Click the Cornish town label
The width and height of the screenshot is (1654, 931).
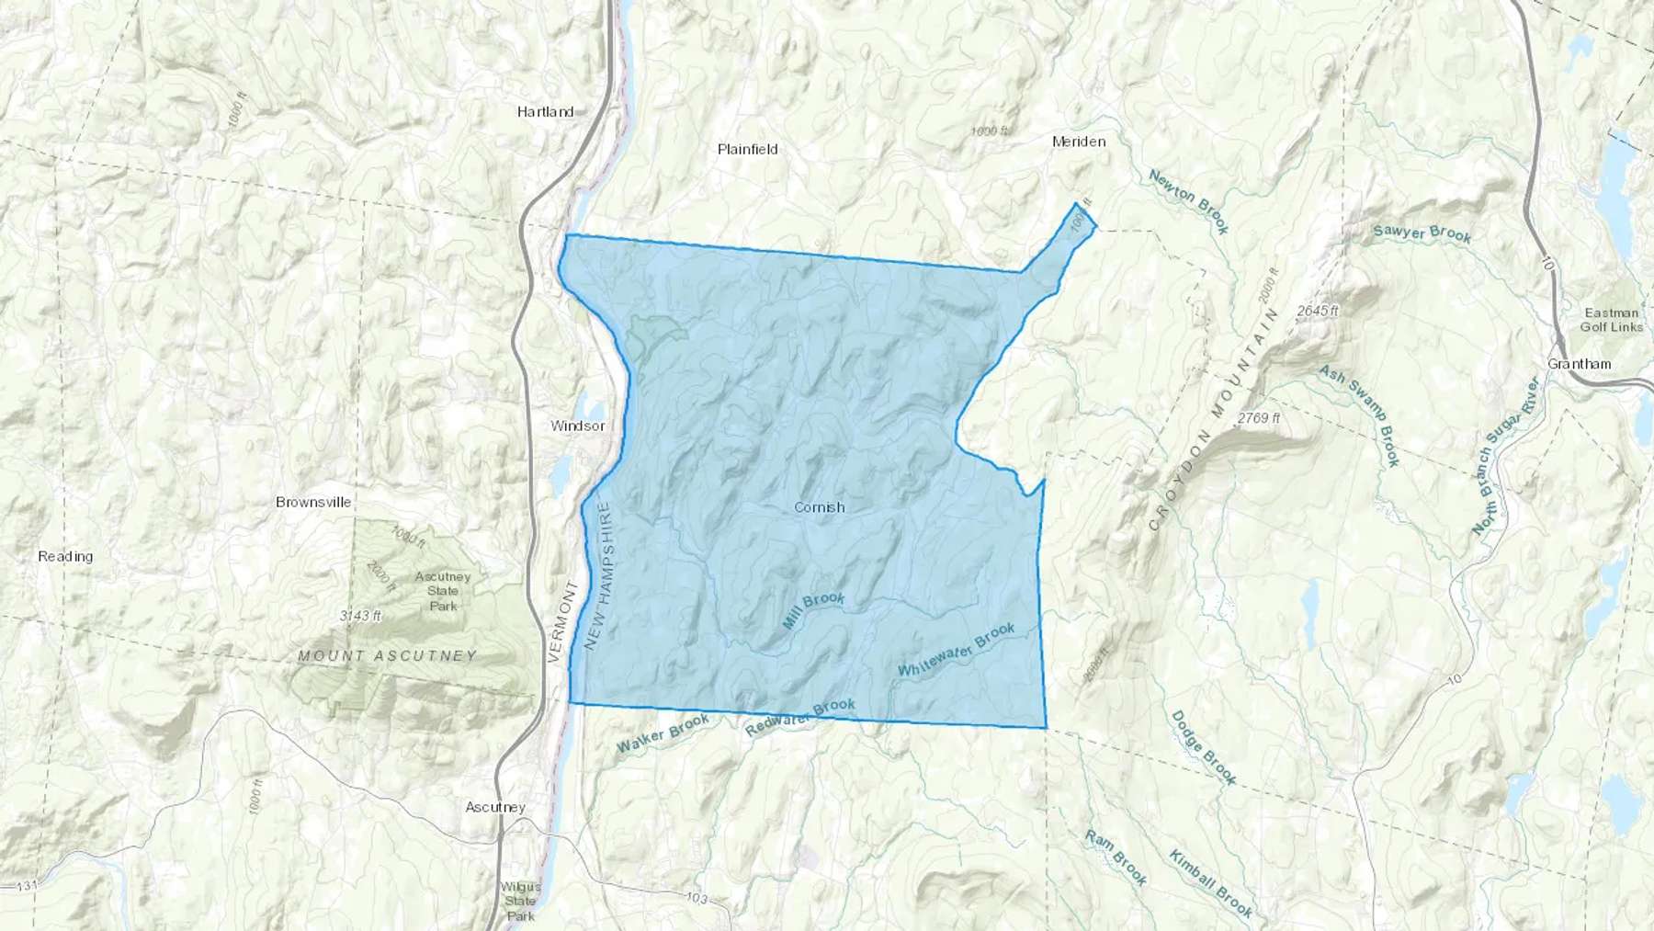(x=819, y=507)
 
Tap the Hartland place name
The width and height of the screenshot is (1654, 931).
(x=545, y=112)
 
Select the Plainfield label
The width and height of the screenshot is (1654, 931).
(x=748, y=149)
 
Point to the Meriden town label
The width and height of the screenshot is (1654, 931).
(x=1079, y=142)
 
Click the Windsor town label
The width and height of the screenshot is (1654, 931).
(x=578, y=426)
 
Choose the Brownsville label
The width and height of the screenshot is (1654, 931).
(x=313, y=503)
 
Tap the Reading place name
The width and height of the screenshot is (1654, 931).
(x=65, y=556)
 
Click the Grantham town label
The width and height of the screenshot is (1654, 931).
(x=1579, y=364)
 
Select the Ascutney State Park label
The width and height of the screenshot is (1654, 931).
(x=443, y=591)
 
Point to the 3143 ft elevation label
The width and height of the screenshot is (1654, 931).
(x=360, y=616)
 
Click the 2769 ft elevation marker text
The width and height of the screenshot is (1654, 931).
(x=1258, y=418)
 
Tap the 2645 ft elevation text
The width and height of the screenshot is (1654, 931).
(x=1318, y=312)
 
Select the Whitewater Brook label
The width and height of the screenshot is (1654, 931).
(x=957, y=651)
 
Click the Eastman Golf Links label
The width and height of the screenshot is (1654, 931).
(x=1610, y=320)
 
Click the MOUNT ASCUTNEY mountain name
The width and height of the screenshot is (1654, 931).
(x=388, y=656)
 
